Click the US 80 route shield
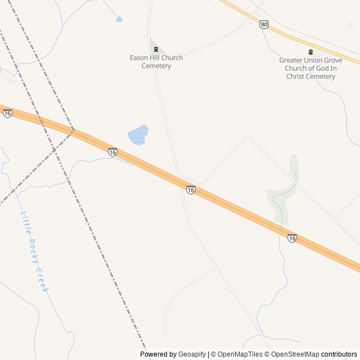point(264,24)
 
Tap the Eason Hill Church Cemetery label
point(156,62)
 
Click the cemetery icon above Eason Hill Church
point(156,49)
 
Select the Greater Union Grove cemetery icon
point(310,52)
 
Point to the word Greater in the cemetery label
point(291,61)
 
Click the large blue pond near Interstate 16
point(138,135)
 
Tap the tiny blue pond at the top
point(119,20)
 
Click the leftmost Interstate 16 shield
point(7,113)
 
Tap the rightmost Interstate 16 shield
point(291,238)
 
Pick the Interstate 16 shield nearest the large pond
point(113,152)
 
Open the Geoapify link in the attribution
point(192,354)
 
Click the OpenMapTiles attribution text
point(239,354)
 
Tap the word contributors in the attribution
point(339,354)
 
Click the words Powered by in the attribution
point(158,354)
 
